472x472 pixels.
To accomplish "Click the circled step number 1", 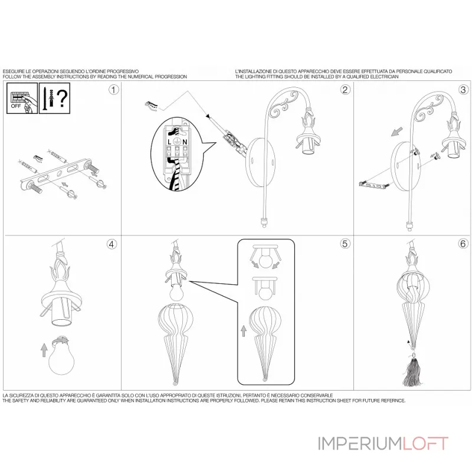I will coord(113,90).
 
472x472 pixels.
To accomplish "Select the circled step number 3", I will coord(463,90).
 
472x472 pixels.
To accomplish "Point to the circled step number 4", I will coord(113,243).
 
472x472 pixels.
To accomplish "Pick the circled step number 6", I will coord(463,243).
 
